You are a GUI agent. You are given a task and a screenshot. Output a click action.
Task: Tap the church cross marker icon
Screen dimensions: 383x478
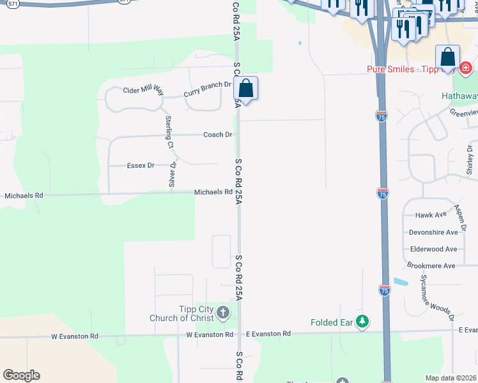point(223,313)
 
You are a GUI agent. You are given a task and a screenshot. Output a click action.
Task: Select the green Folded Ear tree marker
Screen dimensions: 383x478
point(363,322)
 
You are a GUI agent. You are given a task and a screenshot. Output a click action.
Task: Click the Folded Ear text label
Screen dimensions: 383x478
point(332,322)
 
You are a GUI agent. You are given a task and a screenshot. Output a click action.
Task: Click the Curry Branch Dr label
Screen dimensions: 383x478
point(207,89)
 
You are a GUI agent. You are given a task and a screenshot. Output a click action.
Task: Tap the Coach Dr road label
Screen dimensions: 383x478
point(217,135)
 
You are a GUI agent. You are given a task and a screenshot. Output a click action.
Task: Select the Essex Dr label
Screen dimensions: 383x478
point(141,165)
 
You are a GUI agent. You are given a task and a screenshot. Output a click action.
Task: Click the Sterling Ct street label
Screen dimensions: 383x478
point(169,131)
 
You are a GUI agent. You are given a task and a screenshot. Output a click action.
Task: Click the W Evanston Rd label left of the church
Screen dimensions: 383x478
point(210,334)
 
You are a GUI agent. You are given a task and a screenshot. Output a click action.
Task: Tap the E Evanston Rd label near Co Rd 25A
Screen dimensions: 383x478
point(268,333)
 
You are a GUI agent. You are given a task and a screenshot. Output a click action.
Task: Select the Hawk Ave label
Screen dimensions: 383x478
point(429,216)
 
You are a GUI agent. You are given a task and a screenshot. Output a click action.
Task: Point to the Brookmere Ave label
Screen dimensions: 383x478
point(431,266)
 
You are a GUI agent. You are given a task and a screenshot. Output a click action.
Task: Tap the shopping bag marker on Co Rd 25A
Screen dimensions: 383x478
point(246,88)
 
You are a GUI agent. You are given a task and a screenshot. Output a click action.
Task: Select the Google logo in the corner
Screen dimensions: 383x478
point(22,375)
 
